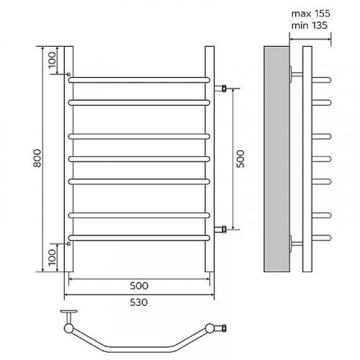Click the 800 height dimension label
click(37, 158)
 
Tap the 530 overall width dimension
click(139, 302)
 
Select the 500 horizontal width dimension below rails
click(139, 286)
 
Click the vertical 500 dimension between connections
click(240, 159)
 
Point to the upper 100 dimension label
click(52, 60)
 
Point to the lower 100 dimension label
click(52, 257)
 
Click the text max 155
click(311, 14)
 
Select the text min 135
click(309, 25)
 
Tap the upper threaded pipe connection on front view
click(220, 89)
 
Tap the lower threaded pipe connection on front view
click(220, 230)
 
